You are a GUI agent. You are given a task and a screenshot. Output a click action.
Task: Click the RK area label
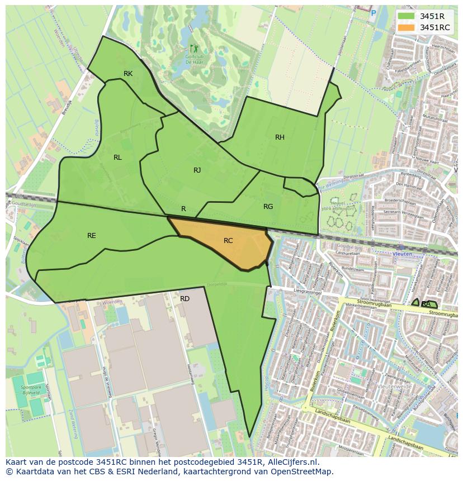click(128, 74)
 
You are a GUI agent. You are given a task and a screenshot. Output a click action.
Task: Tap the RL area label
click(117, 158)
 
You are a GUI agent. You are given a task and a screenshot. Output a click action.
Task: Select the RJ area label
click(197, 170)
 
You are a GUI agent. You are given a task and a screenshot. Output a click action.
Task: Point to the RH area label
click(280, 137)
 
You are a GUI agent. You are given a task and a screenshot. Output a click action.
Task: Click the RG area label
click(268, 207)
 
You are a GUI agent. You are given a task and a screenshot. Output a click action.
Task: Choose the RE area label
click(92, 236)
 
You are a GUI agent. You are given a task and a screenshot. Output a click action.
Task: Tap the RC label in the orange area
click(228, 241)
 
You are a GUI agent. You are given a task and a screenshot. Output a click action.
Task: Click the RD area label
click(185, 299)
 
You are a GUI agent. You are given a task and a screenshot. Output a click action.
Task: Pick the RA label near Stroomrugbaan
click(426, 304)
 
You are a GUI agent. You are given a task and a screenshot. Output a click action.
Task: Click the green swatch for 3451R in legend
click(406, 16)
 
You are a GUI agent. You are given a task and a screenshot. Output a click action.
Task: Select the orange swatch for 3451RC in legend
click(406, 27)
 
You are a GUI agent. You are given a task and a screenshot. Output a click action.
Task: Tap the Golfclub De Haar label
click(194, 59)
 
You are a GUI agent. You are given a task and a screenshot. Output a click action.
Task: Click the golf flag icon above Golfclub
click(193, 49)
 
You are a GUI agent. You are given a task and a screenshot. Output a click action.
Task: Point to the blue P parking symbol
click(374, 13)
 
